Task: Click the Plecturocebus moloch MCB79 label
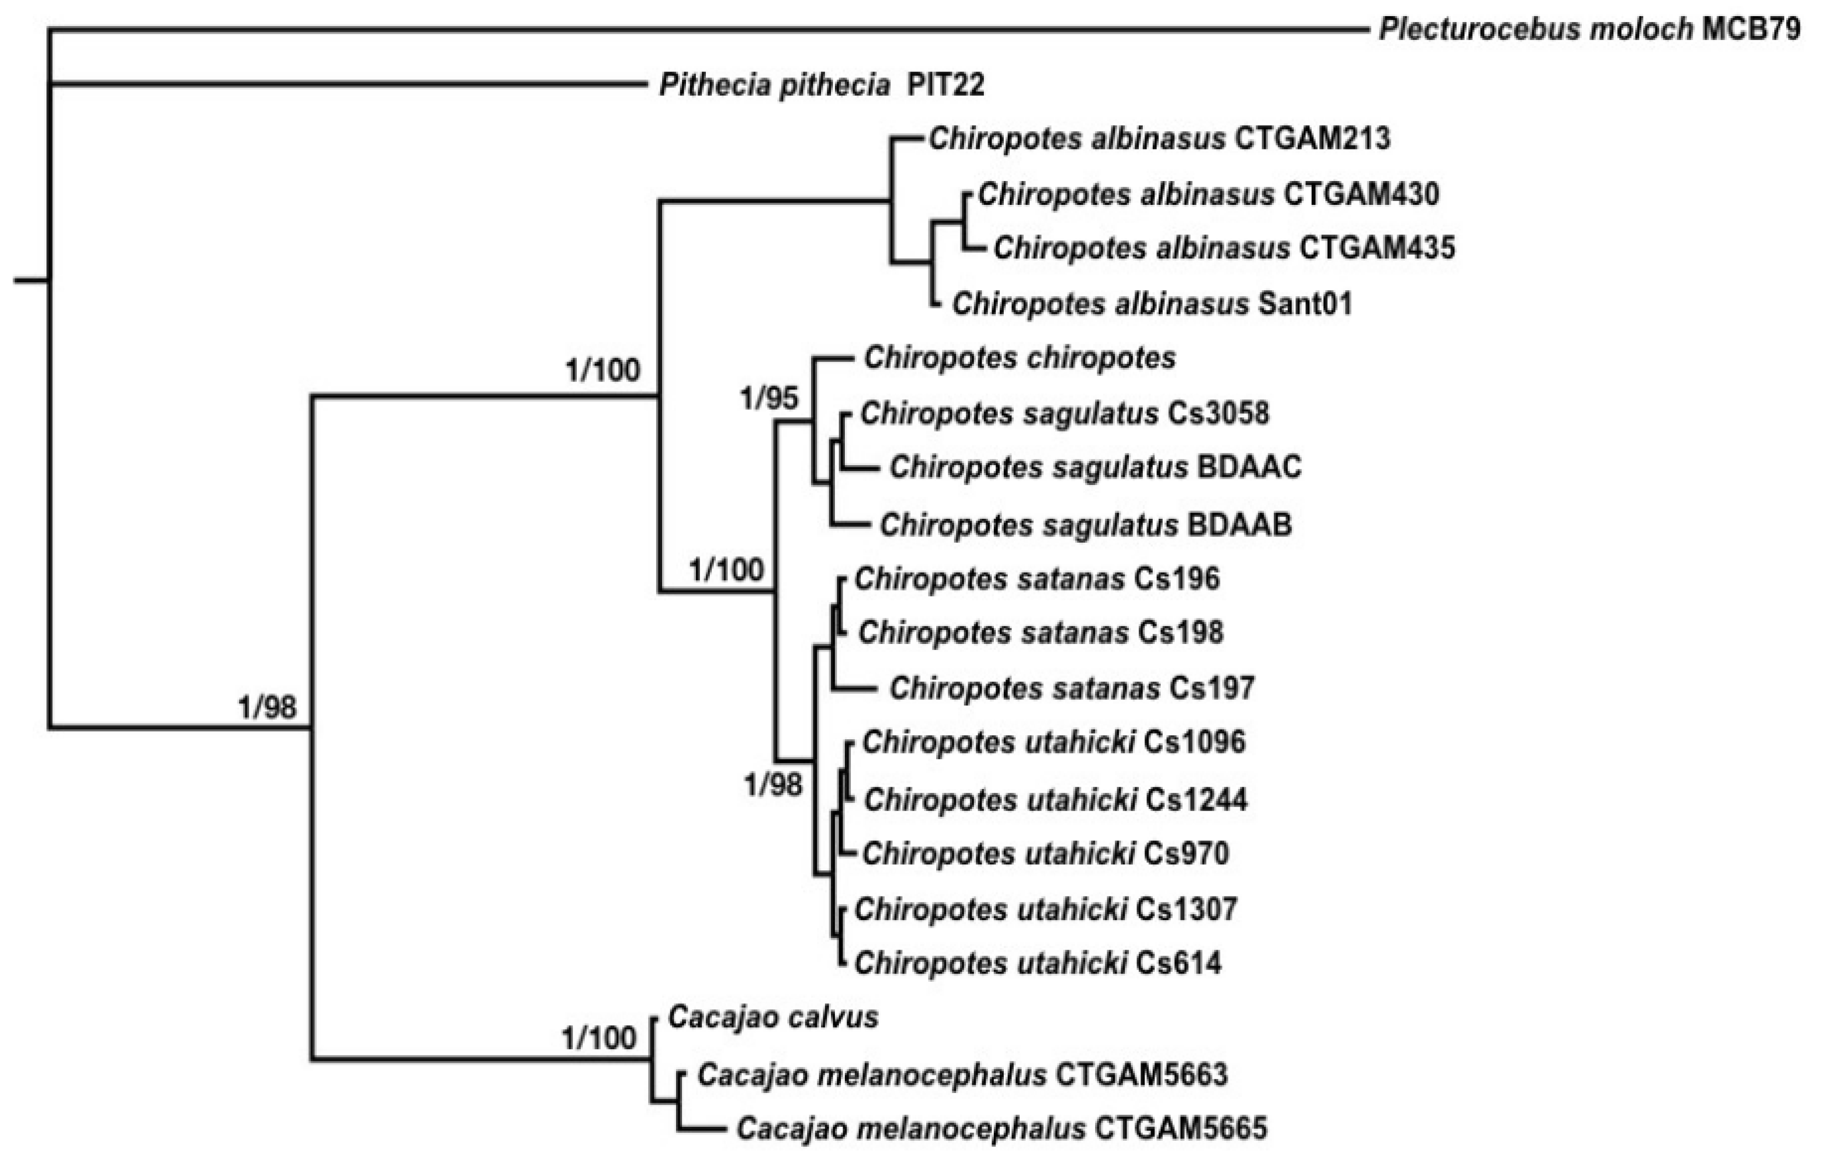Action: click(x=1589, y=29)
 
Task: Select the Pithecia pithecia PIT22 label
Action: click(x=822, y=85)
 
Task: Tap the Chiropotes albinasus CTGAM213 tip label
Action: click(x=1159, y=138)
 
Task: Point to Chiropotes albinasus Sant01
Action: click(x=1152, y=303)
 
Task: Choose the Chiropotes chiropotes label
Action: click(x=1019, y=358)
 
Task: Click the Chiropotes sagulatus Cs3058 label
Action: click(x=1065, y=413)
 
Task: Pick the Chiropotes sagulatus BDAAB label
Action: click(x=1085, y=524)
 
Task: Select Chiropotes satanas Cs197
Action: click(x=1071, y=688)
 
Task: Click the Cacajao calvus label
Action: click(x=772, y=1017)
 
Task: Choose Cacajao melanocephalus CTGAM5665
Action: click(x=1001, y=1128)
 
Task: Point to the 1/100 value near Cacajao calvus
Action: click(x=598, y=1038)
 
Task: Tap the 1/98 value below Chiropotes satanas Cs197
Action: click(x=772, y=785)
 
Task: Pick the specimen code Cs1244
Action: click(x=1196, y=799)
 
